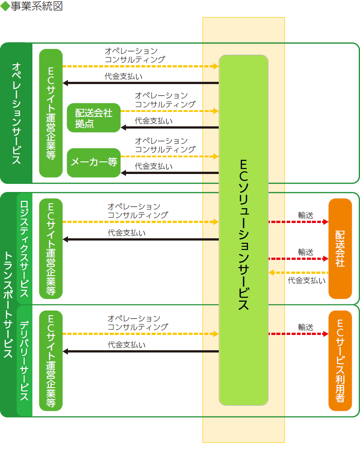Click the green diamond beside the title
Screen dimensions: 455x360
click(5, 6)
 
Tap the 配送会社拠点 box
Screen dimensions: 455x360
click(94, 118)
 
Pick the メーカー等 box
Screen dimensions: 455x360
click(94, 162)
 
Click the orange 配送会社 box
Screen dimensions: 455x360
click(340, 249)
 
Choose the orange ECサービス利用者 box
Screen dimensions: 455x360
click(340, 361)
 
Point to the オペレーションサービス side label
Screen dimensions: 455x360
click(16, 113)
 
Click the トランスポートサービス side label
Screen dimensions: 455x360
click(8, 304)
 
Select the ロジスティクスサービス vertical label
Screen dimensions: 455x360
click(24, 249)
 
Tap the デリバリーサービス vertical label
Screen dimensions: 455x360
click(24, 361)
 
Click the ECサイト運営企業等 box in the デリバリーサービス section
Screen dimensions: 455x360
click(51, 361)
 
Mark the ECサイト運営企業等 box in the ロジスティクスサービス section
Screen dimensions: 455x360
click(51, 249)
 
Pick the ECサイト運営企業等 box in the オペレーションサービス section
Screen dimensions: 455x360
click(51, 113)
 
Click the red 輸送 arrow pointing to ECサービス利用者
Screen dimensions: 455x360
click(298, 334)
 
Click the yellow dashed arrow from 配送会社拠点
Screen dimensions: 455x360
click(170, 111)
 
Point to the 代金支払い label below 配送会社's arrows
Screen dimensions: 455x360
click(306, 281)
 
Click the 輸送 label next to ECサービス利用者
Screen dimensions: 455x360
click(306, 327)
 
